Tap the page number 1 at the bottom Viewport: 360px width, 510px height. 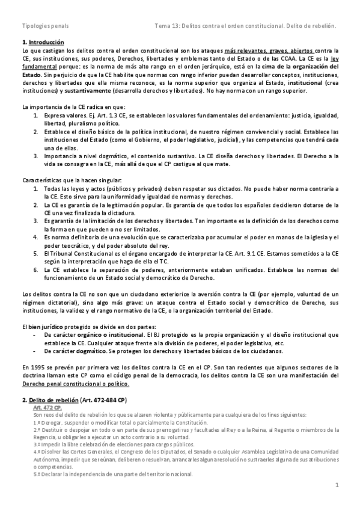click(337, 484)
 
